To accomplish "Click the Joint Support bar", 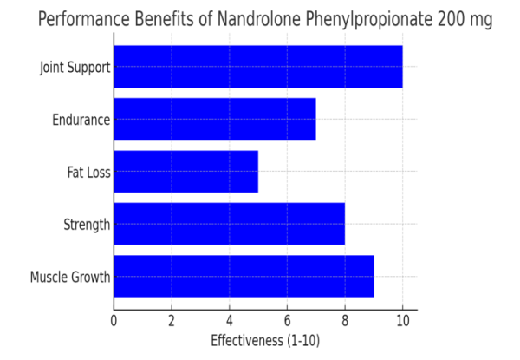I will coord(257,67).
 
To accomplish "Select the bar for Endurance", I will coord(214,119).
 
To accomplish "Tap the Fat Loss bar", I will coord(185,172).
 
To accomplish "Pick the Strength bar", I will coord(229,224).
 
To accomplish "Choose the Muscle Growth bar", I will coord(244,277).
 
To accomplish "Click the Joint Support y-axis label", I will coord(75,67).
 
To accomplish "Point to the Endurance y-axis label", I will coord(81,120).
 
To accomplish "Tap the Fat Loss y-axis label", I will coord(88,172).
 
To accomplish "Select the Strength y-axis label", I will coord(87,225).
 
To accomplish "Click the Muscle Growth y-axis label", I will coord(70,278).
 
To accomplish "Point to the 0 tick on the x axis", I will coord(114,320).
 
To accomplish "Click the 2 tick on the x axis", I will coord(172,320).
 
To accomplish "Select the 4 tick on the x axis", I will coord(230,320).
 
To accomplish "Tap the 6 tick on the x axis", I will coord(287,320).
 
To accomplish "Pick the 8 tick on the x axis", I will coord(345,320).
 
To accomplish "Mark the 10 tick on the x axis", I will coord(402,320).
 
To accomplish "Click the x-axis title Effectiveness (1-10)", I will coord(265,340).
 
